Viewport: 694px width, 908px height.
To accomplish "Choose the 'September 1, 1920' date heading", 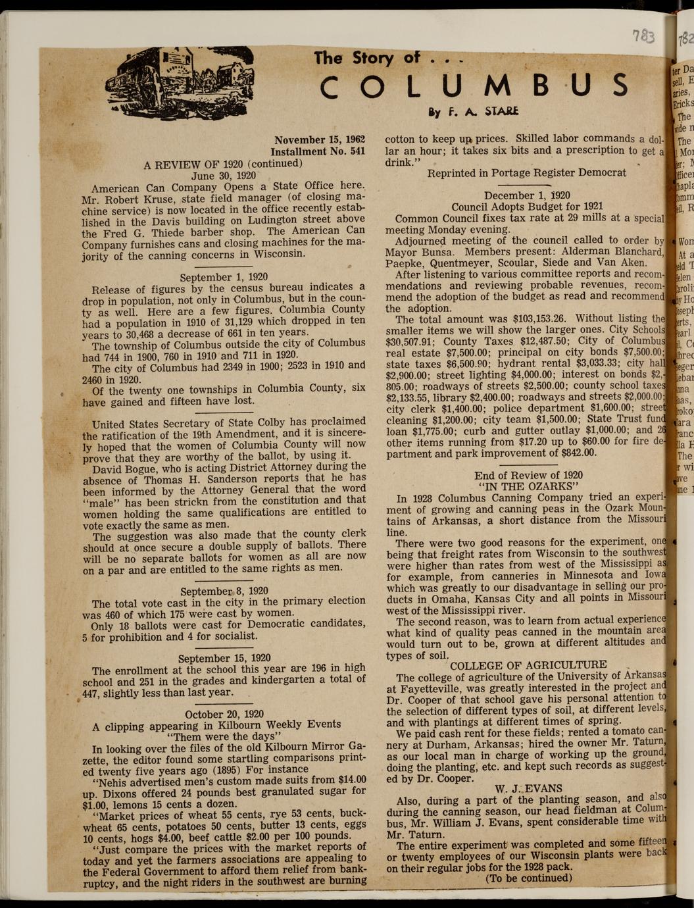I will [x=224, y=276].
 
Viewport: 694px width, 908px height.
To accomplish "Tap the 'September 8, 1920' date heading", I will [x=224, y=590].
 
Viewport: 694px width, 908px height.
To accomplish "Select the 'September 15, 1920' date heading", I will [x=224, y=658].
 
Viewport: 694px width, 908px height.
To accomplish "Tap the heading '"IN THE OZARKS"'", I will [x=528, y=486].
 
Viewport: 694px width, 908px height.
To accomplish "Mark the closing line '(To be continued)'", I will [x=529, y=878].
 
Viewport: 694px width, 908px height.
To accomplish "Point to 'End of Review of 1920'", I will [x=528, y=474].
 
